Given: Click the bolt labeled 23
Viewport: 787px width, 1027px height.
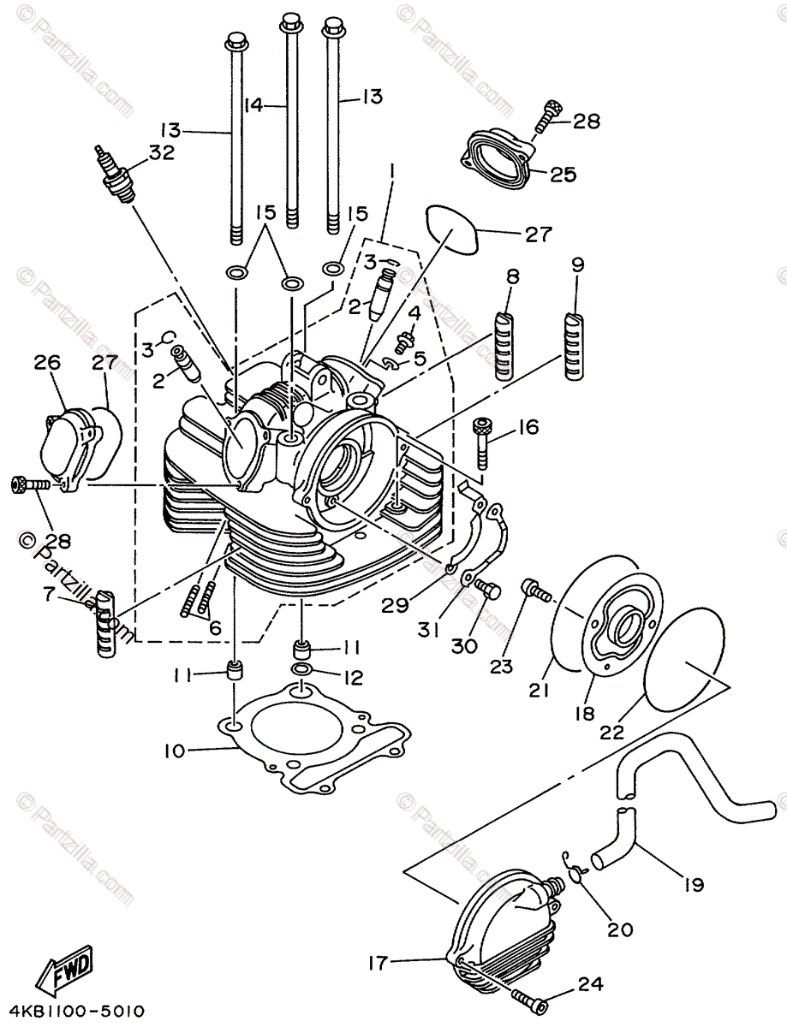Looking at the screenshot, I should coord(534,590).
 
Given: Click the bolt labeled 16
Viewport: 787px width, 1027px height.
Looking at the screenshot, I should coord(482,441).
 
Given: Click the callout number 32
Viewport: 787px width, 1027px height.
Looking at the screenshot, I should coord(161,152).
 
